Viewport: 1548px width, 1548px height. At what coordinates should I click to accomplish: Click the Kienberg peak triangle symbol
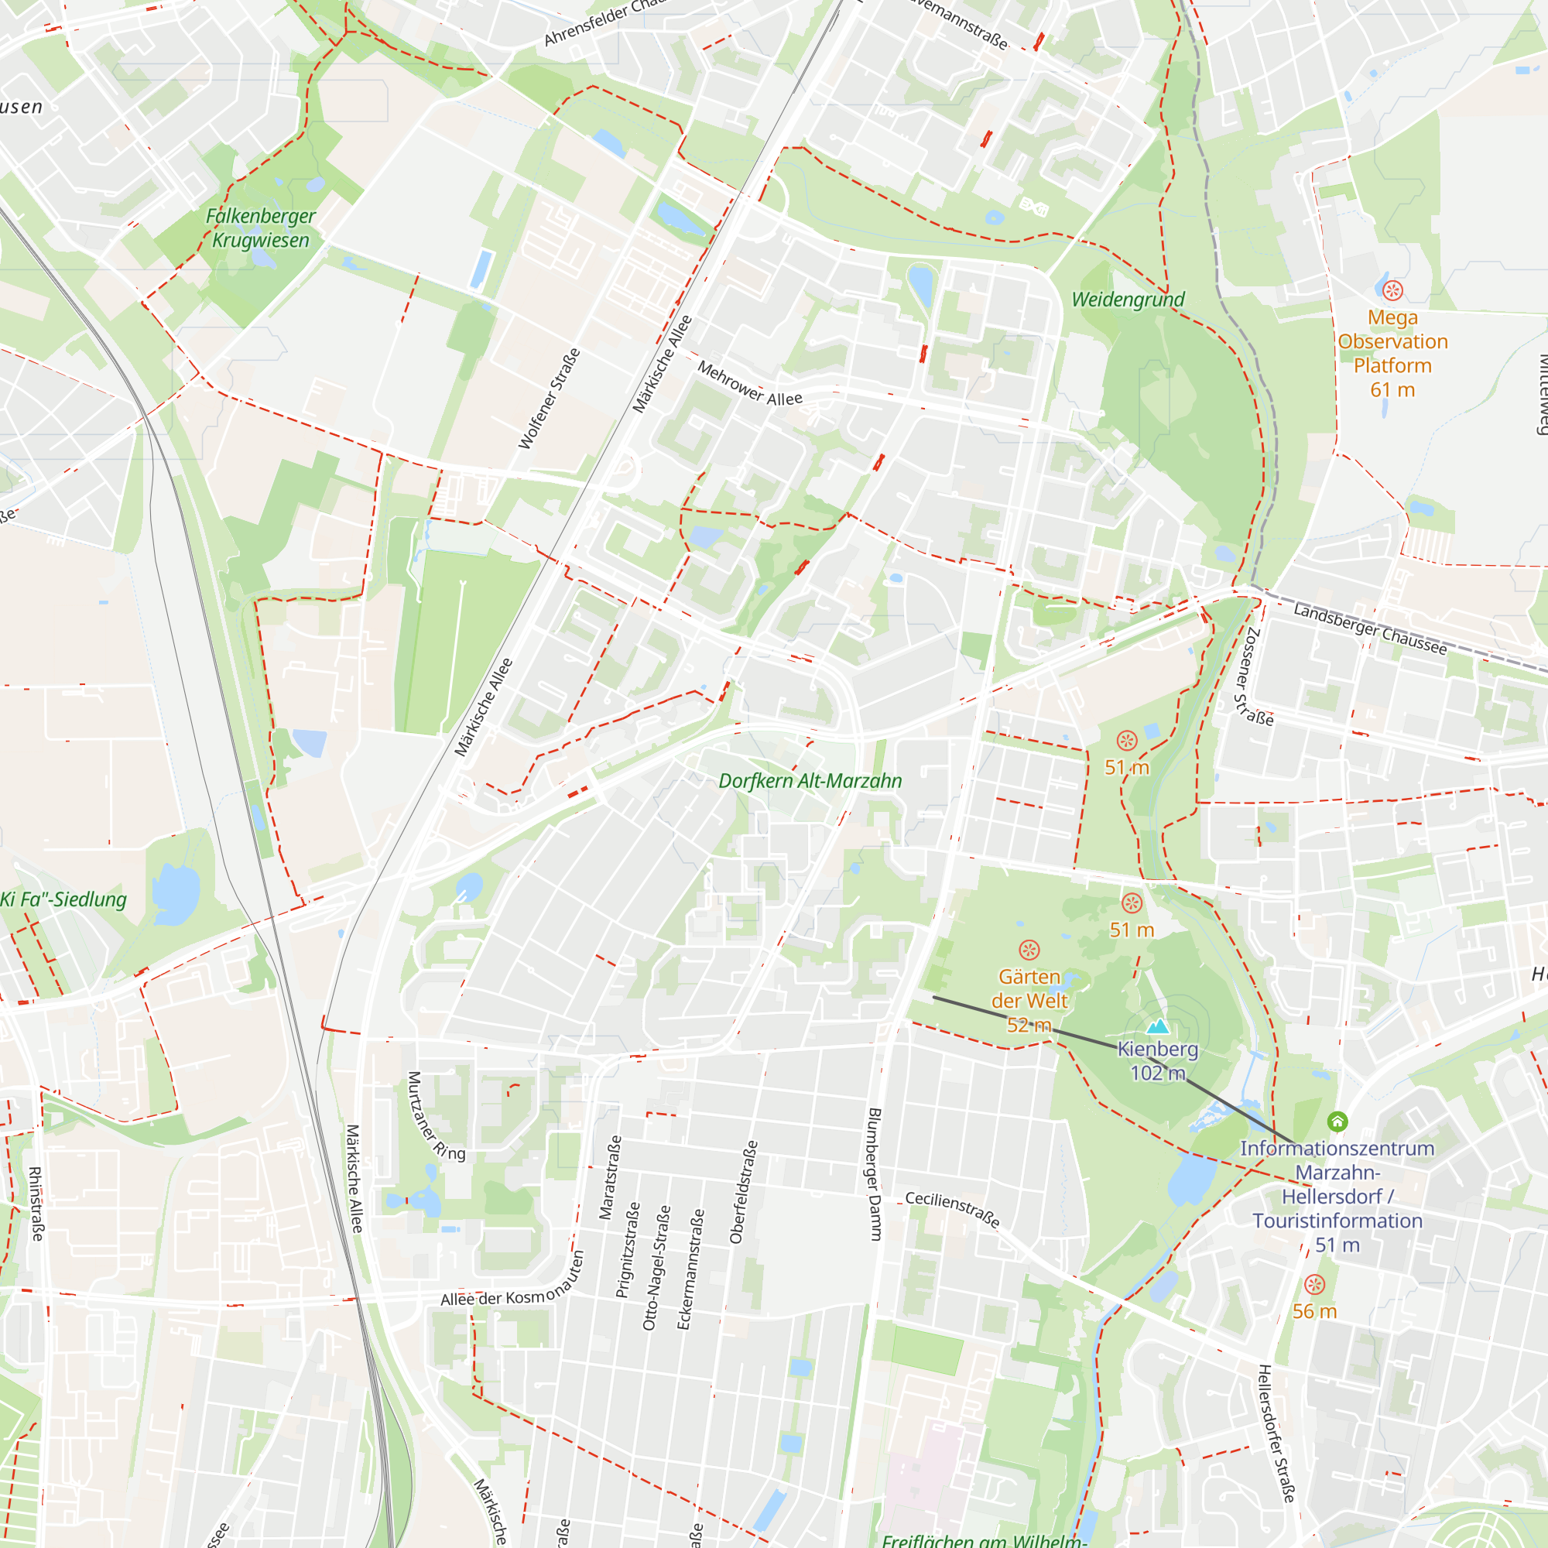tap(1157, 1026)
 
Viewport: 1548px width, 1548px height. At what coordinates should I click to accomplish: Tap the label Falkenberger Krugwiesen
tap(260, 228)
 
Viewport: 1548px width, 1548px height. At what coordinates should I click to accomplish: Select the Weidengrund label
tap(1128, 300)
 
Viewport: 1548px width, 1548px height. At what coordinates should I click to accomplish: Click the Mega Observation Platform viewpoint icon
tap(1392, 290)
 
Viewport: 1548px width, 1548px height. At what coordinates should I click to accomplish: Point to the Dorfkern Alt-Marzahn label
tap(810, 781)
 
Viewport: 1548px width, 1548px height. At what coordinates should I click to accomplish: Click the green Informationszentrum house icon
tap(1337, 1121)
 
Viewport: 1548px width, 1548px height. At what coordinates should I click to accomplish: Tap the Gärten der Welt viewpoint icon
tap(1029, 950)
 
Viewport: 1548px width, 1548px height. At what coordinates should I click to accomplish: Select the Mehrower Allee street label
tap(749, 384)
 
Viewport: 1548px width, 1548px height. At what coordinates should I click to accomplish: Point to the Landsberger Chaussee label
tap(1370, 629)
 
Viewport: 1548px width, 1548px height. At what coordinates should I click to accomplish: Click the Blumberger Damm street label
tap(875, 1175)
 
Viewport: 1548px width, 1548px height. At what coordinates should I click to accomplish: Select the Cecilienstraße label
tap(953, 1209)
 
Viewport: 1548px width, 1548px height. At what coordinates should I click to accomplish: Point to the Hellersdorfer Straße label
tap(1276, 1433)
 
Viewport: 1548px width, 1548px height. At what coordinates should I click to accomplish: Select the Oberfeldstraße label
tap(743, 1192)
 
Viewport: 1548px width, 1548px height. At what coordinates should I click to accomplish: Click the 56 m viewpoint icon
tap(1314, 1285)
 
